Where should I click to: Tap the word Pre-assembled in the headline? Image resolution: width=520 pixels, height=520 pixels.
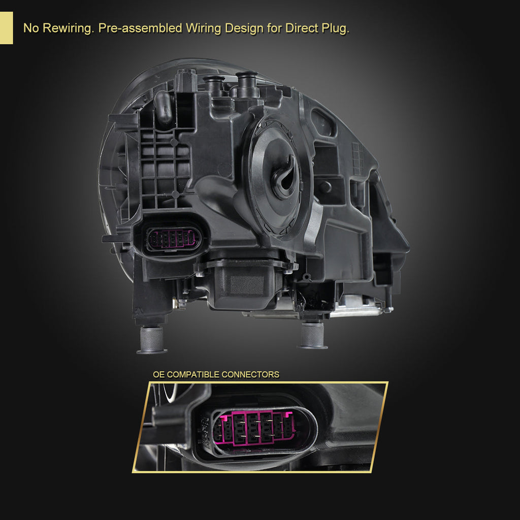[x=140, y=28]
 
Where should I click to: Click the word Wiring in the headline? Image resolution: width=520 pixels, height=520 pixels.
[x=203, y=28]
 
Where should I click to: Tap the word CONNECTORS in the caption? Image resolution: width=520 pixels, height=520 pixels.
[x=250, y=374]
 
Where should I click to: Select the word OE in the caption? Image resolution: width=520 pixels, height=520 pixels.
[x=158, y=374]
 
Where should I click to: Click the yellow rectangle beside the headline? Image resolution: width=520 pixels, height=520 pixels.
[x=6, y=28]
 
